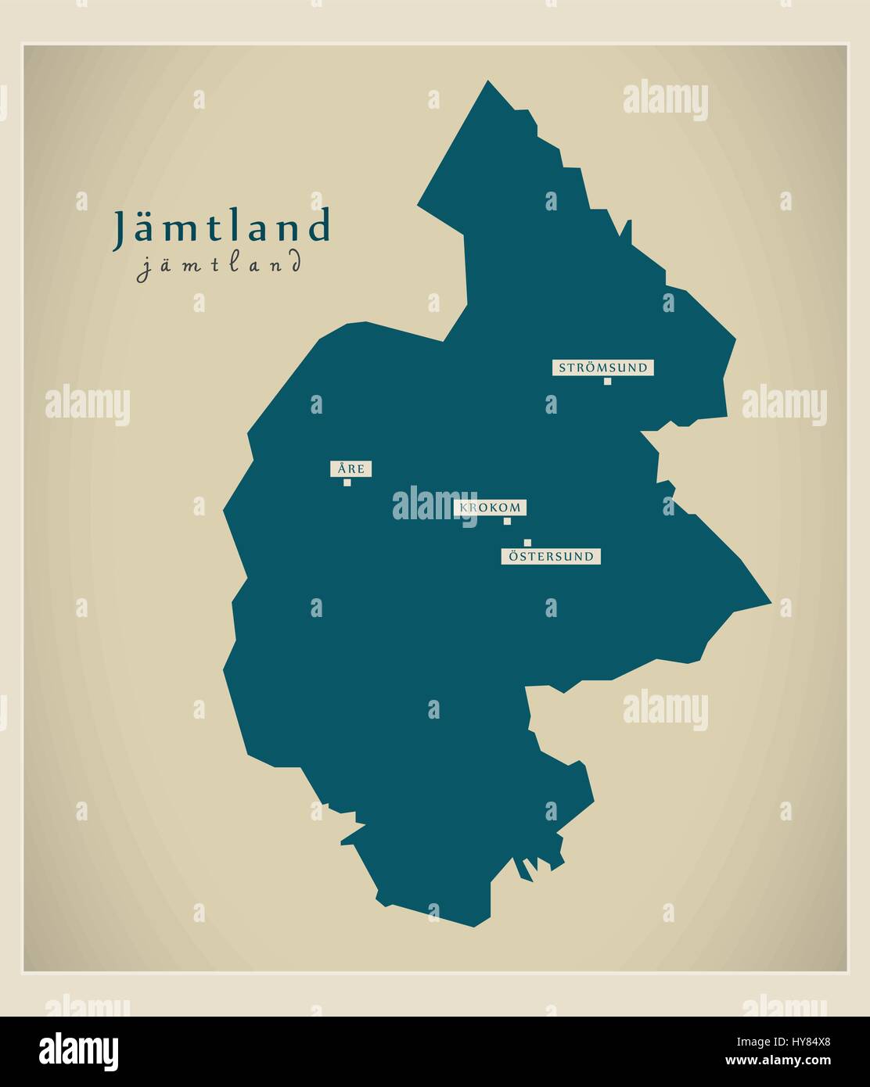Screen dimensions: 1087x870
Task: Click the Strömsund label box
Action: pos(602,368)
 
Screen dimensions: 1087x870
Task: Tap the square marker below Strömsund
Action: pos(607,382)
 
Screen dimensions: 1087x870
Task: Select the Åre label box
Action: pos(350,469)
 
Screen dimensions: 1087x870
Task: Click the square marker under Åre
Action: pos(347,483)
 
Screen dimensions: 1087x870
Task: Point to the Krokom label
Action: pos(490,508)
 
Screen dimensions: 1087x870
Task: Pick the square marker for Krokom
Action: pos(507,521)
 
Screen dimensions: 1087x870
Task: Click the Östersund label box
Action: pos(552,557)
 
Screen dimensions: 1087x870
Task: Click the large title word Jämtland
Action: pos(222,228)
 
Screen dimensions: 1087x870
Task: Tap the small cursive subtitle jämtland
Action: pos(218,264)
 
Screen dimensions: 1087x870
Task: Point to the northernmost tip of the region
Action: pos(488,81)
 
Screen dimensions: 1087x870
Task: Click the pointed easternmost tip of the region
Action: pos(771,602)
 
